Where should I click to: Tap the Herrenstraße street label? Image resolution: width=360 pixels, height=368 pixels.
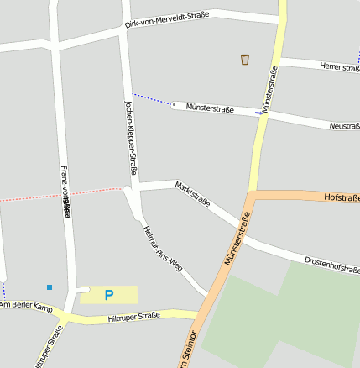(339, 66)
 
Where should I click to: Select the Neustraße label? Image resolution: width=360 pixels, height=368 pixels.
(344, 125)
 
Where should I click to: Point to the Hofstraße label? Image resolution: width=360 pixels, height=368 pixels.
(340, 197)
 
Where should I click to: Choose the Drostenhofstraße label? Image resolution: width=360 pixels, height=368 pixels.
(331, 265)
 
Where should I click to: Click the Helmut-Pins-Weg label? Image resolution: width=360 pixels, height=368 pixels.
(162, 250)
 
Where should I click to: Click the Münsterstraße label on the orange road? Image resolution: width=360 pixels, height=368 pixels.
(237, 239)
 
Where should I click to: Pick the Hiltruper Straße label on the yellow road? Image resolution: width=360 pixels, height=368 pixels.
(134, 317)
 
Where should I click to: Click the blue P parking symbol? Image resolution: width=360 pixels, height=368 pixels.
(108, 295)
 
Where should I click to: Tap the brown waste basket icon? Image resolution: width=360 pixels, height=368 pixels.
(245, 59)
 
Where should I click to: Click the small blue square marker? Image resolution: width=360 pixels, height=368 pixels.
(50, 287)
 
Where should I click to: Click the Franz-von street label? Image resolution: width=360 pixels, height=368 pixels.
(65, 189)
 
